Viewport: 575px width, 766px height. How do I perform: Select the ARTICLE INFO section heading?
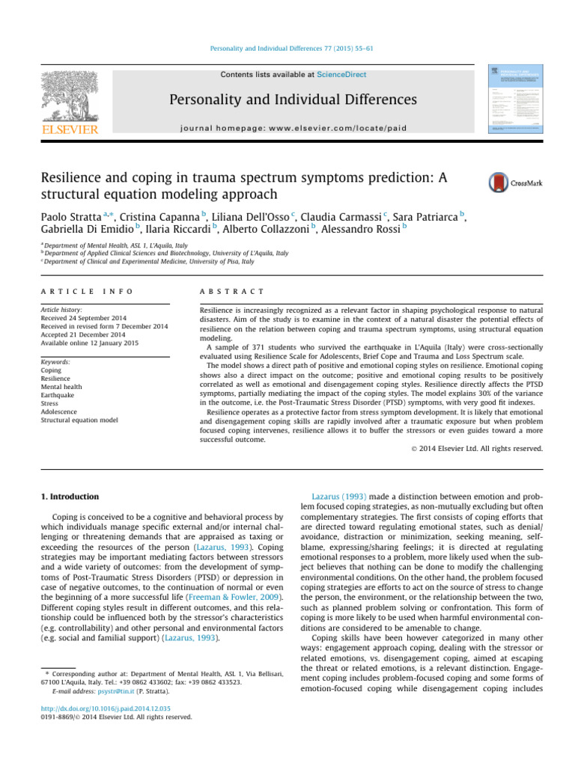click(x=87, y=290)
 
